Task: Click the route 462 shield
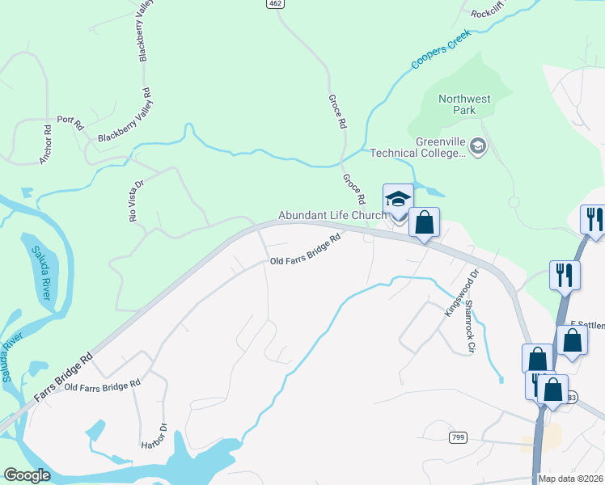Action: pyautogui.click(x=277, y=4)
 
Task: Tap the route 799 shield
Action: pyautogui.click(x=458, y=437)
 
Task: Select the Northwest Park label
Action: pyautogui.click(x=464, y=104)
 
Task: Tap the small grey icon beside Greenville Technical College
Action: pyautogui.click(x=478, y=145)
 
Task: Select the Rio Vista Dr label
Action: pyautogui.click(x=135, y=200)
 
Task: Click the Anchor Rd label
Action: pyautogui.click(x=46, y=145)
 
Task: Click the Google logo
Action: pyautogui.click(x=27, y=476)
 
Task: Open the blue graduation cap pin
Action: pyautogui.click(x=398, y=200)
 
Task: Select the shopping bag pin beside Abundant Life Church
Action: pyautogui.click(x=424, y=221)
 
